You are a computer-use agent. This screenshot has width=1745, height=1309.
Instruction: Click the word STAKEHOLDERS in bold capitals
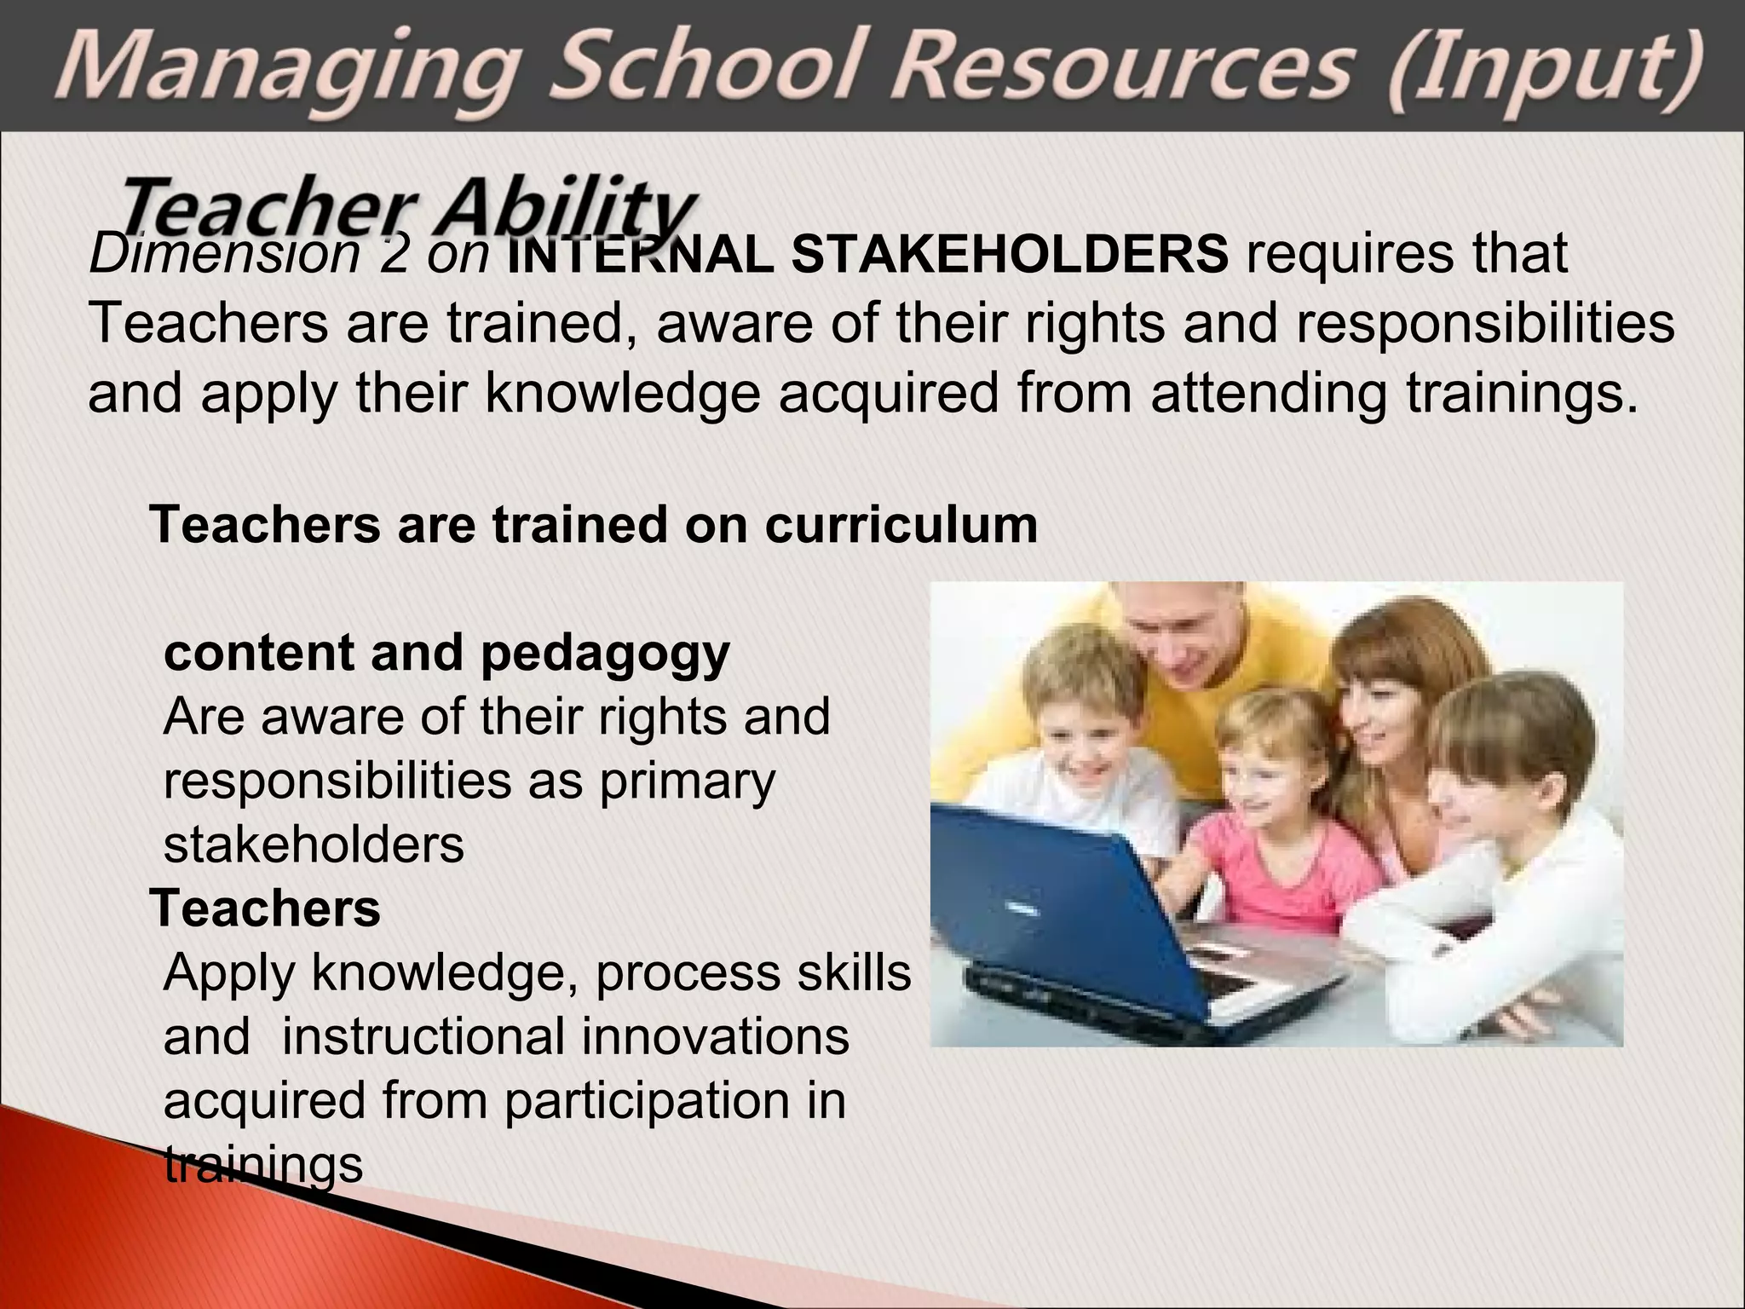pyautogui.click(x=1010, y=254)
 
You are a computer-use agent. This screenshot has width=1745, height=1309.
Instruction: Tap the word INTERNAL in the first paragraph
pyautogui.click(x=640, y=254)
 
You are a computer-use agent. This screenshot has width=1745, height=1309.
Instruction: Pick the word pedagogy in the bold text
pyautogui.click(x=605, y=654)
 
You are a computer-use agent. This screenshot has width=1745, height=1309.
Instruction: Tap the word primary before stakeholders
pyautogui.click(x=688, y=781)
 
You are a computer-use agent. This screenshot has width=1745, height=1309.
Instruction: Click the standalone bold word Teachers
pyautogui.click(x=265, y=908)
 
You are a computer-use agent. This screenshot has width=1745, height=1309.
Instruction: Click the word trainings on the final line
pyautogui.click(x=263, y=1165)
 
